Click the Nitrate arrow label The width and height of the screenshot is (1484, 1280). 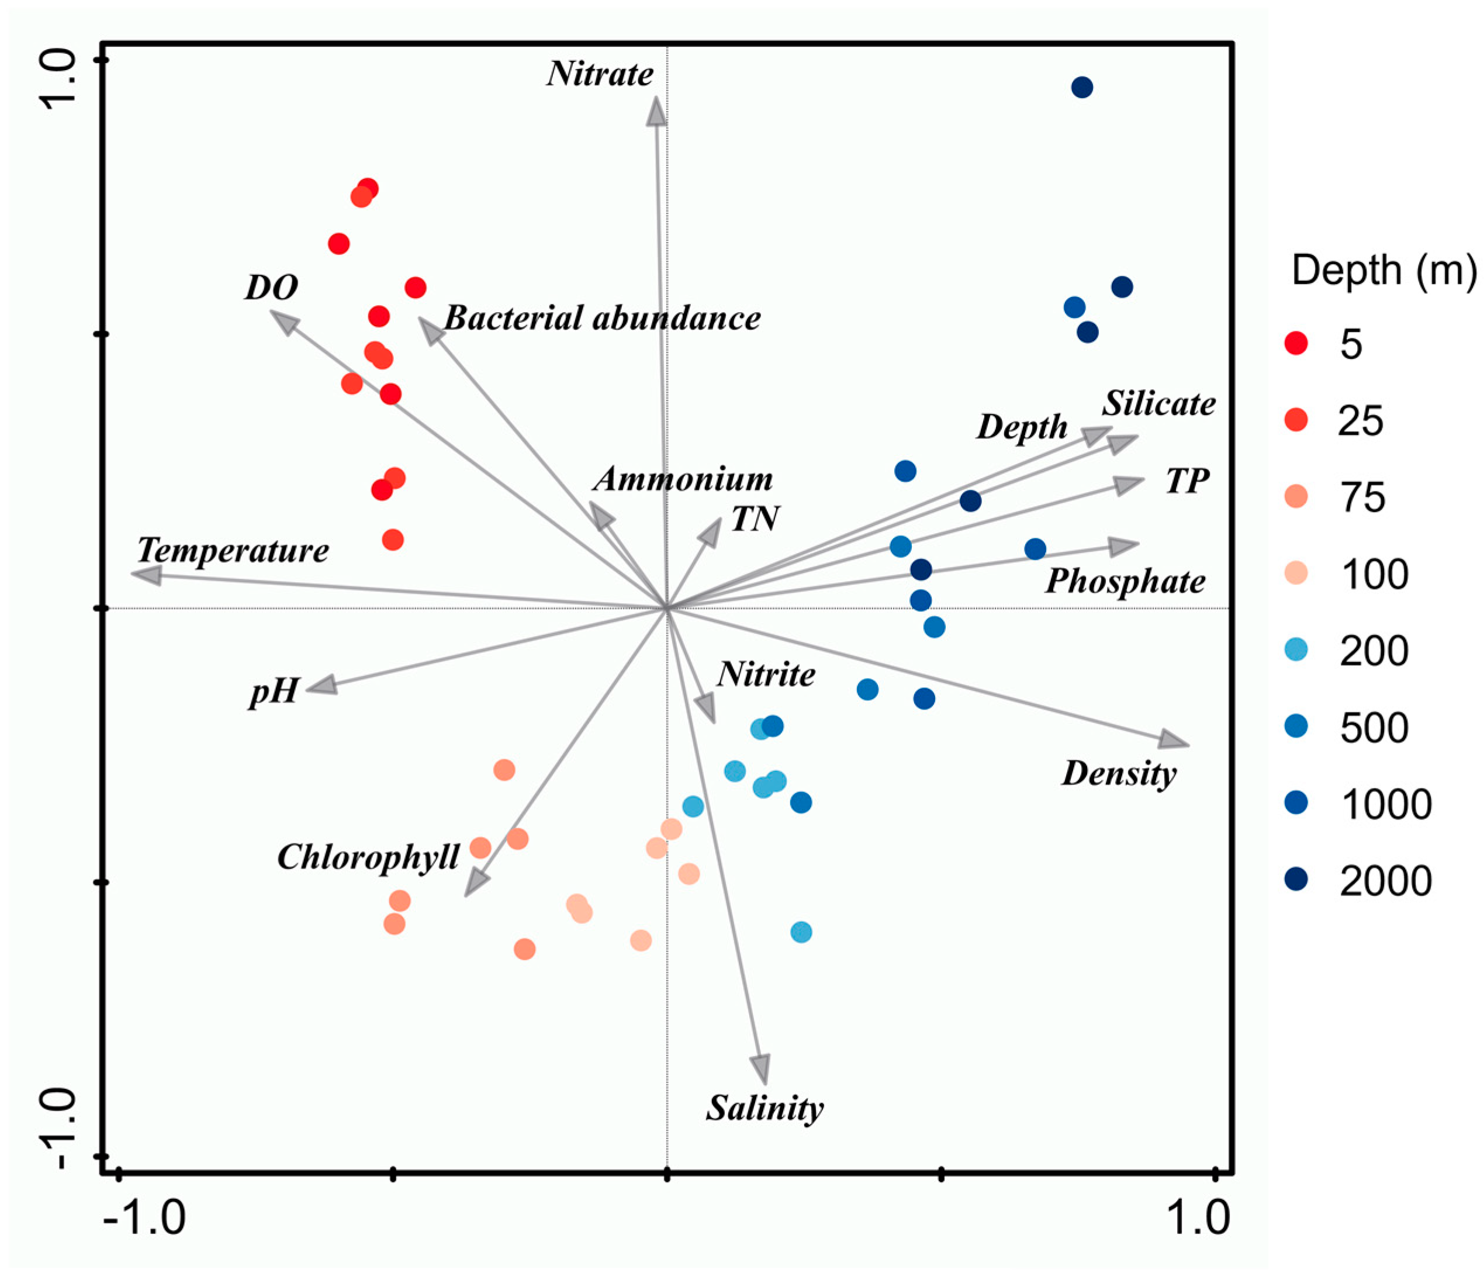coord(600,74)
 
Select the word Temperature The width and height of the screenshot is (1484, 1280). coord(233,551)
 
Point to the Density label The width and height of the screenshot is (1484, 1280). coord(1119,774)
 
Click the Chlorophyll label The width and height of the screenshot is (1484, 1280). coord(368,857)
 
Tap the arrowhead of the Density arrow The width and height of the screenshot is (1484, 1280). coord(1173,741)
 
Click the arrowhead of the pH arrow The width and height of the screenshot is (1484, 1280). coord(321,686)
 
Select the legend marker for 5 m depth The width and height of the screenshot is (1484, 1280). coord(1296,343)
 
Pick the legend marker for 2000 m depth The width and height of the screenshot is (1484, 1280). coord(1296,879)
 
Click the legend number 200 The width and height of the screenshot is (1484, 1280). coord(1374,651)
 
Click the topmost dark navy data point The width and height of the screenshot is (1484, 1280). coord(1082,88)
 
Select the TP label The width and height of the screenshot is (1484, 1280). coord(1188,480)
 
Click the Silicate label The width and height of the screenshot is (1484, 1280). coord(1158,404)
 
